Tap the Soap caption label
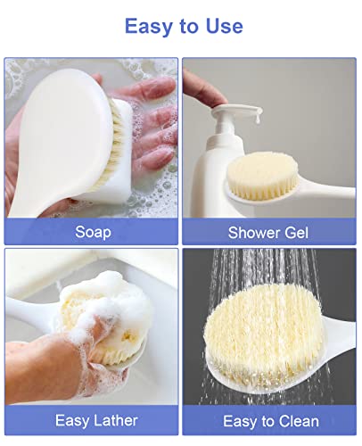point(92,232)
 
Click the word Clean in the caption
point(300,420)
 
